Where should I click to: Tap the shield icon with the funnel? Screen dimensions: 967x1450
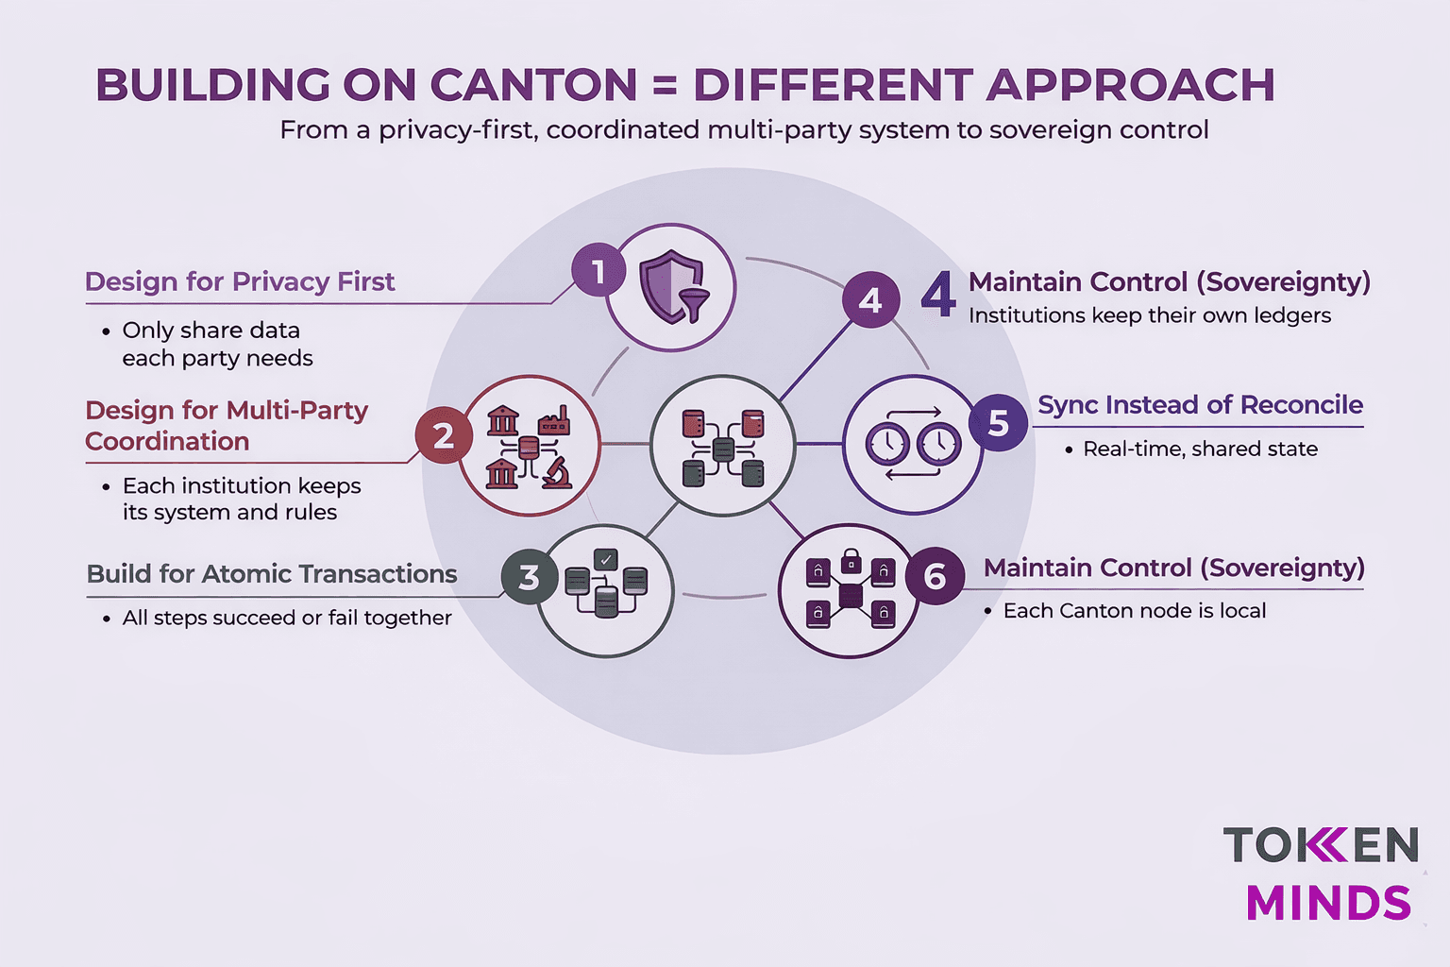tap(671, 287)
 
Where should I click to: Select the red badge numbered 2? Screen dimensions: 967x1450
tap(443, 435)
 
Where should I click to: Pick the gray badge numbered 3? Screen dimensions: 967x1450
tap(529, 576)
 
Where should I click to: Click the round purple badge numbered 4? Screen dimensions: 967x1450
tap(869, 299)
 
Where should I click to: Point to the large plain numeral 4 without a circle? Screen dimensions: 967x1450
tap(938, 295)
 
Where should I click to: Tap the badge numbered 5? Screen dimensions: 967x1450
tap(998, 423)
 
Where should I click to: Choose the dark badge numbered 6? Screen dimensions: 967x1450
tap(935, 576)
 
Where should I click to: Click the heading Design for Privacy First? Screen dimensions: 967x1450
tap(240, 281)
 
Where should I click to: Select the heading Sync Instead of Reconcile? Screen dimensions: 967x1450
tap(1200, 404)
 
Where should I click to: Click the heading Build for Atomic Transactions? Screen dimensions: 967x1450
tap(272, 573)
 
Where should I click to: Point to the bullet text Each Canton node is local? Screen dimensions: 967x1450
tap(1134, 611)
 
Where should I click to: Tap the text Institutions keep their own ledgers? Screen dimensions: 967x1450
tap(1150, 315)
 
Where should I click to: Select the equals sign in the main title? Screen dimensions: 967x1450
tap(665, 86)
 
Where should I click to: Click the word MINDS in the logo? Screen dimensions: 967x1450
tap(1328, 903)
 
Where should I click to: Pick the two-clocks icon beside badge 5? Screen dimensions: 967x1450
tap(913, 443)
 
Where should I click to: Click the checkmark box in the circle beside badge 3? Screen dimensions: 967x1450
tap(606, 559)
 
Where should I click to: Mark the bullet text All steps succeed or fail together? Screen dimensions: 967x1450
tap(287, 618)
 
